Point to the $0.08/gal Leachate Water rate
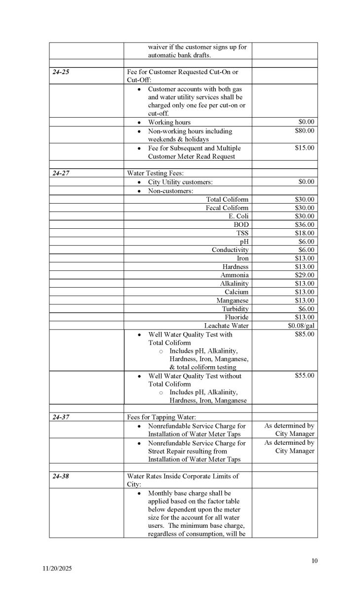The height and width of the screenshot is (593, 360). tap(301, 326)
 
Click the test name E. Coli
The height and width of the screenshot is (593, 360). tap(239, 216)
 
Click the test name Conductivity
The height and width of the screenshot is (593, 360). tap(230, 250)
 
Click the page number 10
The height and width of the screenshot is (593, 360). tap(315, 560)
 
